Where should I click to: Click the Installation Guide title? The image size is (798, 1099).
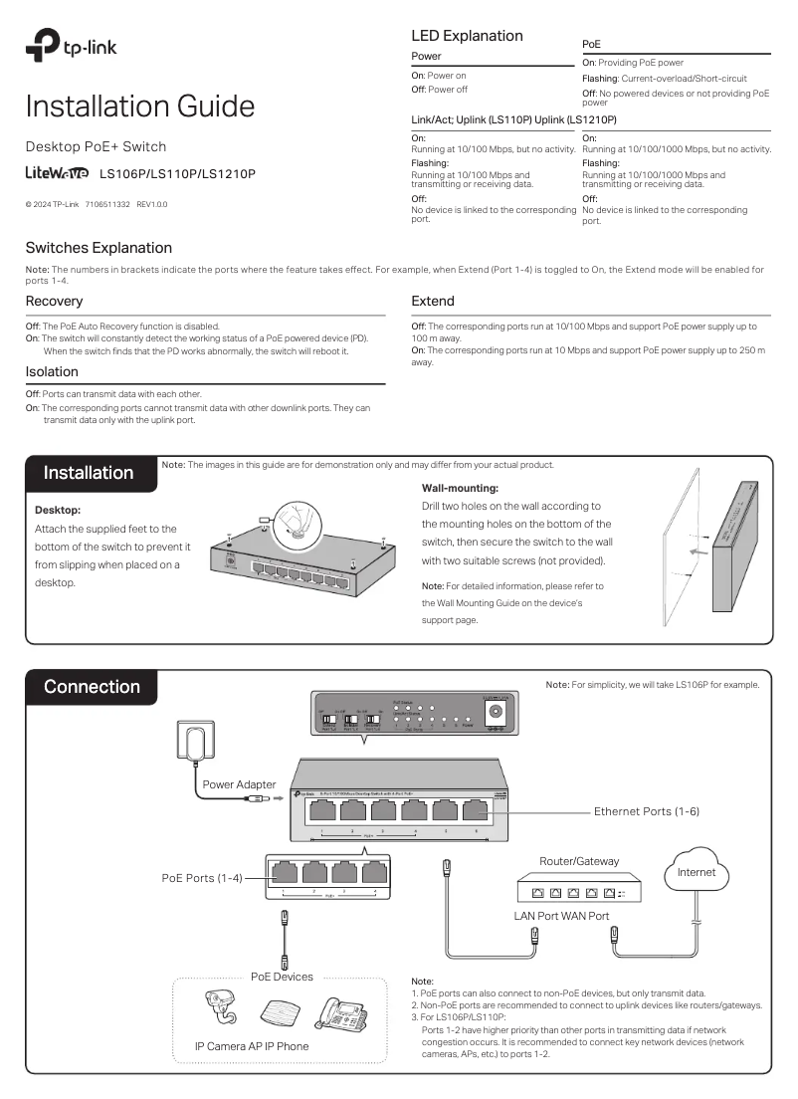139,107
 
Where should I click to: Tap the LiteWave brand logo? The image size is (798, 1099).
57,173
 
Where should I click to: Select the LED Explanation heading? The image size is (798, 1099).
467,36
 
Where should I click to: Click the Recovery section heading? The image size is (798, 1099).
54,301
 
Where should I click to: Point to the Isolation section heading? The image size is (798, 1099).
52,371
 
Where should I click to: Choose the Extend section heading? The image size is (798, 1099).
433,301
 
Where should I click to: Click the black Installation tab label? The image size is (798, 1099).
89,473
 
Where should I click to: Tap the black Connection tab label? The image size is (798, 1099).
92,687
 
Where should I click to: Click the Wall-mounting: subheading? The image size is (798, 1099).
460,488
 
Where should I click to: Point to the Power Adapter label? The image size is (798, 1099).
239,784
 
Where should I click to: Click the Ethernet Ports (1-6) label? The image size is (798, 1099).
647,811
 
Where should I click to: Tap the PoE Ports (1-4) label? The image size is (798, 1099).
202,877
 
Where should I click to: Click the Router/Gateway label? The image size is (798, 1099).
579,861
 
